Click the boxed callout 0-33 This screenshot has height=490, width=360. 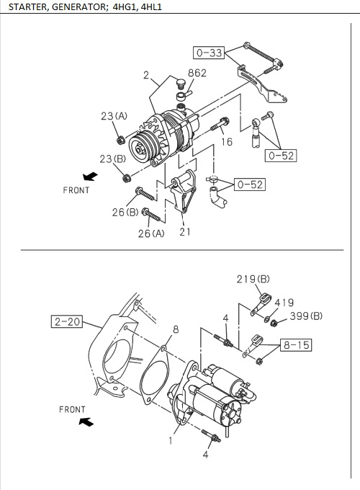pyautogui.click(x=210, y=52)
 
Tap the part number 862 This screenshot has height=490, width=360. pyautogui.click(x=197, y=73)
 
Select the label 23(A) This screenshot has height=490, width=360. pyautogui.click(x=113, y=115)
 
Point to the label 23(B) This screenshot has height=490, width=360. pyautogui.click(x=112, y=159)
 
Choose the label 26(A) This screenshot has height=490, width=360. pyautogui.click(x=151, y=233)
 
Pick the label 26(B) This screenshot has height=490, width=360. pyautogui.click(x=125, y=212)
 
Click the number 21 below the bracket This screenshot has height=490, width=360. pyautogui.click(x=185, y=231)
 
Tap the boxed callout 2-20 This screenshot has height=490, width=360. pyautogui.click(x=67, y=321)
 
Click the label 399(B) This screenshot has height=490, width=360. pyautogui.click(x=307, y=316)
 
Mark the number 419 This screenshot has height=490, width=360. pyautogui.click(x=284, y=303)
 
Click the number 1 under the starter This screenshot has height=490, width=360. pyautogui.click(x=171, y=440)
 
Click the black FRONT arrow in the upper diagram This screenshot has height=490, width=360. pyautogui.click(x=89, y=176)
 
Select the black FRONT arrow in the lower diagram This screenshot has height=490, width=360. pyautogui.click(x=86, y=422)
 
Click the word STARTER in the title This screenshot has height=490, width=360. pyautogui.click(x=28, y=9)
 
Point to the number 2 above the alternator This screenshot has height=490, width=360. pyautogui.click(x=145, y=75)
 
